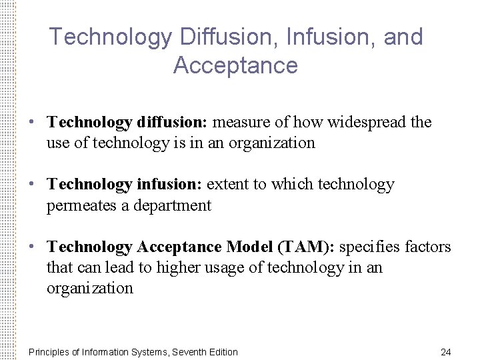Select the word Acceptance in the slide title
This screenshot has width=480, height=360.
pyautogui.click(x=235, y=65)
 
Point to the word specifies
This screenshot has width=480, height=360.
pyautogui.click(x=369, y=247)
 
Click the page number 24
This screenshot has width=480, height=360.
pyautogui.click(x=446, y=352)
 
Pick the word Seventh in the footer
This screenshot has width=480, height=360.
pyautogui.click(x=191, y=352)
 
